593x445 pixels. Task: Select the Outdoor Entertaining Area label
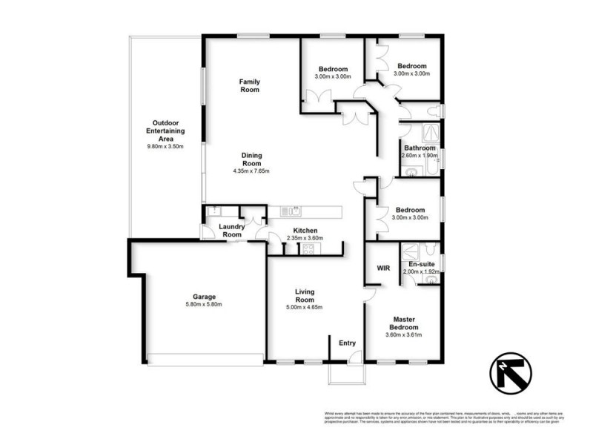pyautogui.click(x=166, y=131)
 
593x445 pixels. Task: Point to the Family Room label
pyautogui.click(x=249, y=85)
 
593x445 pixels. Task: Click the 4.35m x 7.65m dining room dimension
pyautogui.click(x=251, y=171)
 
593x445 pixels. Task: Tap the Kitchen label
pyautogui.click(x=305, y=231)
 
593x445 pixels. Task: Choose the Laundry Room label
pyautogui.click(x=231, y=231)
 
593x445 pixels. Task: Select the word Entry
pyautogui.click(x=347, y=343)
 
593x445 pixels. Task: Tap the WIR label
pyautogui.click(x=383, y=267)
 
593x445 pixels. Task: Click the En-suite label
pyautogui.click(x=421, y=264)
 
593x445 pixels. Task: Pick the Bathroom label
pyautogui.click(x=420, y=148)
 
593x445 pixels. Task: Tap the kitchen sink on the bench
pyautogui.click(x=295, y=211)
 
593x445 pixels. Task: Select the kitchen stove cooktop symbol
pyautogui.click(x=307, y=249)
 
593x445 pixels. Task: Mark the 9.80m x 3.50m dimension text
pyautogui.click(x=166, y=147)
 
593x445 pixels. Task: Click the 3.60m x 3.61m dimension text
pyautogui.click(x=404, y=335)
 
